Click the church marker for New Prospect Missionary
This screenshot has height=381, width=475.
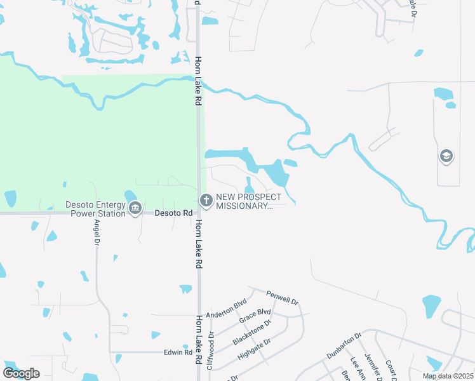pyautogui.click(x=206, y=201)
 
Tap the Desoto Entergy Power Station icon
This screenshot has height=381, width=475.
pyautogui.click(x=135, y=209)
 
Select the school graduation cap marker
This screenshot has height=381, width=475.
pyautogui.click(x=446, y=156)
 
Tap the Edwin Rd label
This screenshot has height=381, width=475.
pyautogui.click(x=178, y=352)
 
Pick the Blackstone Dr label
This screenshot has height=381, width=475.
pyautogui.click(x=251, y=332)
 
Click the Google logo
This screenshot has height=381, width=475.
pyautogui.click(x=21, y=373)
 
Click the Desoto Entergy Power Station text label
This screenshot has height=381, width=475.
pyautogui.click(x=95, y=209)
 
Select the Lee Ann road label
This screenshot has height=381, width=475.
pyautogui.click(x=354, y=368)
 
